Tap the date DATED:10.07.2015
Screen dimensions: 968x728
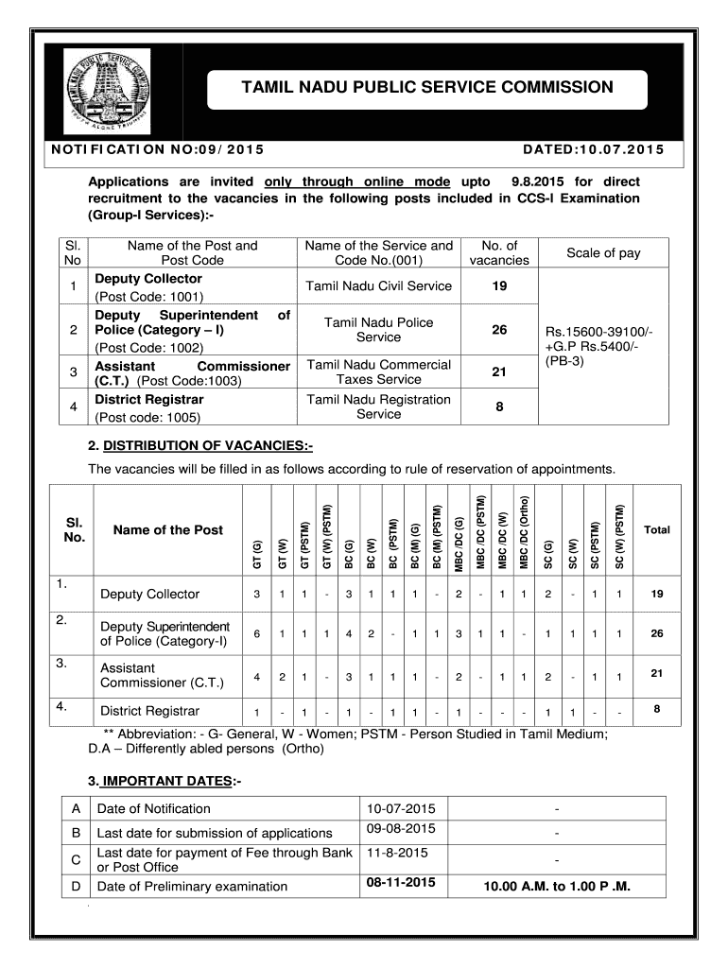[x=593, y=149]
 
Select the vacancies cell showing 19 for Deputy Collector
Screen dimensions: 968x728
[x=499, y=286]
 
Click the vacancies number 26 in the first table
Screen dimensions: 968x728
[x=499, y=330]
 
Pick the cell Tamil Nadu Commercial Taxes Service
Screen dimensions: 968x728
[x=378, y=372]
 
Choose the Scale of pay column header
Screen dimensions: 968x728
[x=603, y=252]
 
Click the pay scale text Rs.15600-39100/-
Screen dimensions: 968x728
[x=599, y=331]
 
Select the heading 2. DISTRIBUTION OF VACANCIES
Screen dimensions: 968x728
[x=199, y=445]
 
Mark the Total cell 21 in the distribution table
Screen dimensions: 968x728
[x=656, y=673]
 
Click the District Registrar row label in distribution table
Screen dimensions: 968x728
[x=149, y=711]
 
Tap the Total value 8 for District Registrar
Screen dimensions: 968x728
[x=656, y=707]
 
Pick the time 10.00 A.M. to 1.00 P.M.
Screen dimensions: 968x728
[x=556, y=887]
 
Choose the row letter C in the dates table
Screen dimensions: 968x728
[x=76, y=859]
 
